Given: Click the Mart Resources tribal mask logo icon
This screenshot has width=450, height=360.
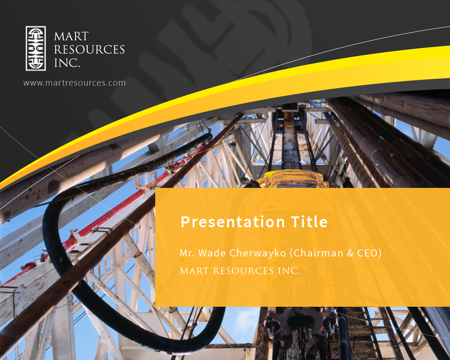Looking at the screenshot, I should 36,48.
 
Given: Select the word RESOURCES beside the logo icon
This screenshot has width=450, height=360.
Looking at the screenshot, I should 89,50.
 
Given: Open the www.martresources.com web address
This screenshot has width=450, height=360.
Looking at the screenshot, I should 74,83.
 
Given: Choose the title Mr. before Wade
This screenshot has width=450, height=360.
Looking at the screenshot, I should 186,253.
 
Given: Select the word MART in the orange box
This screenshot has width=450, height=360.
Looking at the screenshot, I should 194,271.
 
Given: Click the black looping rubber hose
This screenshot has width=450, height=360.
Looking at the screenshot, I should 56,256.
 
